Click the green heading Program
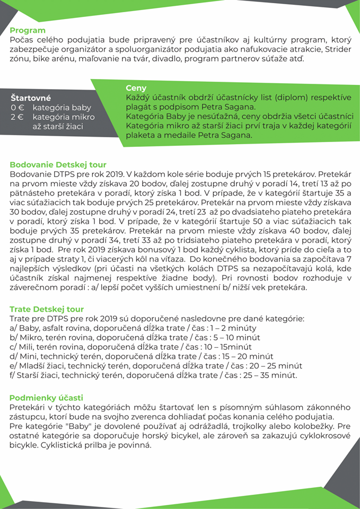[28, 30]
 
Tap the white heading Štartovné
[31, 98]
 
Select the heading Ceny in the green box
[136, 88]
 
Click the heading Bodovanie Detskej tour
[58, 164]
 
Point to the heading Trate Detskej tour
[47, 309]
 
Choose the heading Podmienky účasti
[46, 398]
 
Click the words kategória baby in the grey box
[62, 108]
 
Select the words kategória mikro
[64, 117]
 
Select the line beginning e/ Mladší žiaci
[156, 366]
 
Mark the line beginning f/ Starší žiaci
[153, 375]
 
